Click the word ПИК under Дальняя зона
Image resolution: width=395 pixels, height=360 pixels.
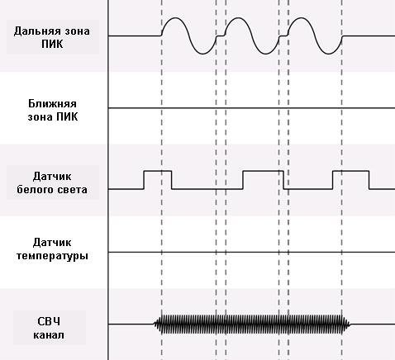52,44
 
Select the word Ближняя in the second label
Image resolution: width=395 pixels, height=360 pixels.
52,104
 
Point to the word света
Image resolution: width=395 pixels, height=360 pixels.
71,190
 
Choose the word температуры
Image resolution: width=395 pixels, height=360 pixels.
52,256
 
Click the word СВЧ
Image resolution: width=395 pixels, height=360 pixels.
49,321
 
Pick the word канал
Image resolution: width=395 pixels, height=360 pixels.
49,335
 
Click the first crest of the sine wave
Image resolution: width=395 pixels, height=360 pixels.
175,18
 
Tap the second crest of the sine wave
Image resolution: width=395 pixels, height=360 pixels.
238,18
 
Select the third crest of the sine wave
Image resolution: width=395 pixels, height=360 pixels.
301,18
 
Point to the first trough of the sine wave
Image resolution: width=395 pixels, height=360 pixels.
202,54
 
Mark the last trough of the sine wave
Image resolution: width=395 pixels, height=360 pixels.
328,54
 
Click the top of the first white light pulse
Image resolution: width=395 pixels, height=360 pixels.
158,171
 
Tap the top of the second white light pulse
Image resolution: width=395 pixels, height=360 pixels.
263,171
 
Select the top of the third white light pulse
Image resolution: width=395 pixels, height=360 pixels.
350,171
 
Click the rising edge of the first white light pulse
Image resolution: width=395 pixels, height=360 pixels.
144,180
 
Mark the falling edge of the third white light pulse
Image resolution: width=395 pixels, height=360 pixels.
369,180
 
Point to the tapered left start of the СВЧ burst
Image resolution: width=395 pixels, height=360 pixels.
157,324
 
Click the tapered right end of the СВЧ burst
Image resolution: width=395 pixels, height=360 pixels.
347,324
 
